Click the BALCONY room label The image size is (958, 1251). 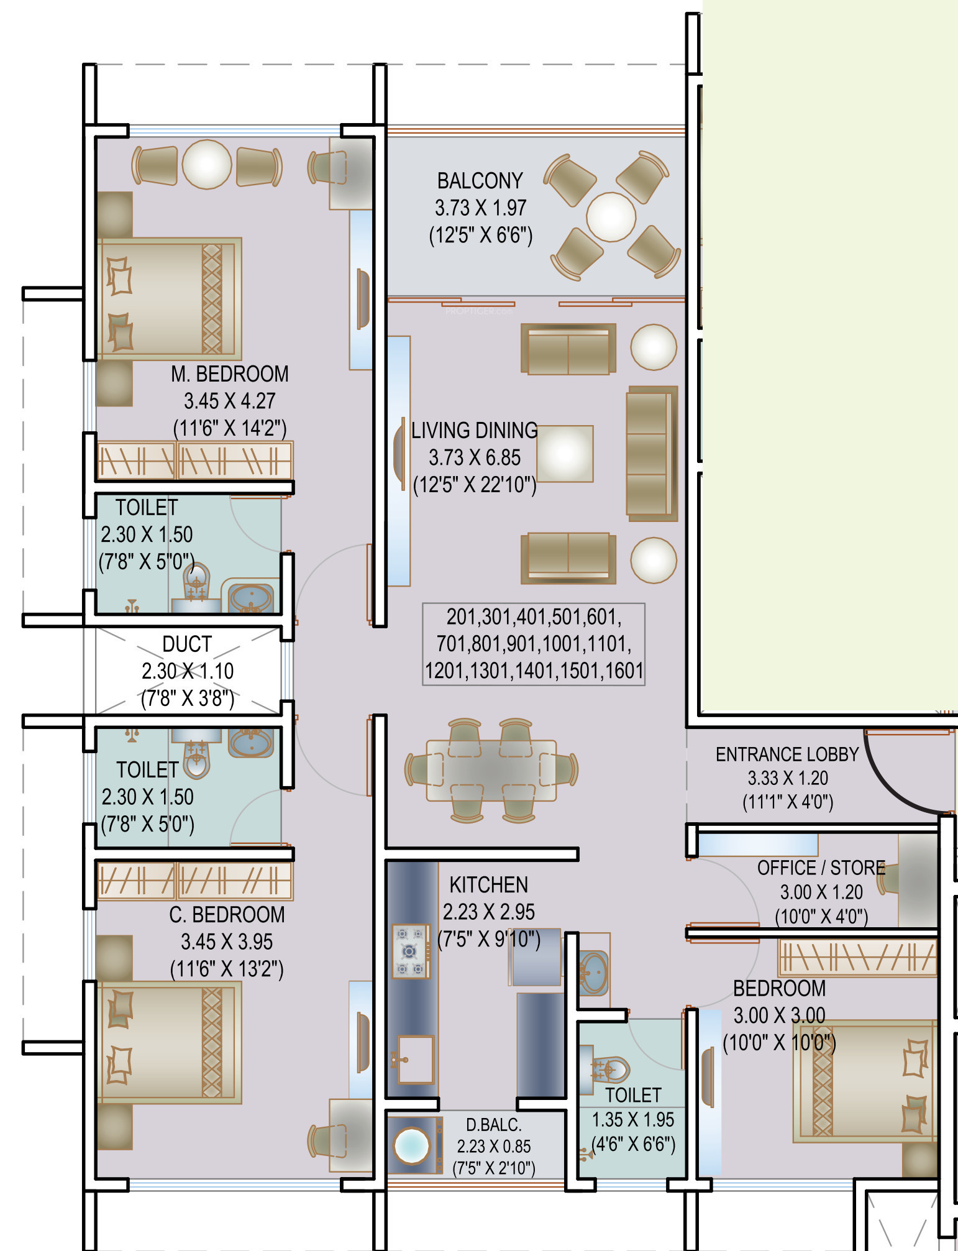coord(480,181)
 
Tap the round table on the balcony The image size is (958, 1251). coord(611,217)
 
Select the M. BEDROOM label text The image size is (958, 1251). coord(229,374)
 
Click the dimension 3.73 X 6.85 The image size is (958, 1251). coord(475,458)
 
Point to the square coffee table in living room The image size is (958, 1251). coord(565,454)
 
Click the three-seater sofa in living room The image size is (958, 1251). coord(651,454)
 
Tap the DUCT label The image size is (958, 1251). coord(187,644)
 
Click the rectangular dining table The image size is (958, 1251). coord(491,771)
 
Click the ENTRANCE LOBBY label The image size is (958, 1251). coord(787,754)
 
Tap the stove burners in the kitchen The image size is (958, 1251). coord(410,951)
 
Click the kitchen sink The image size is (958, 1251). coord(415,1058)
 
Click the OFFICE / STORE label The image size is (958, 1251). coord(821,868)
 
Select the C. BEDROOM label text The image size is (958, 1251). coord(227,915)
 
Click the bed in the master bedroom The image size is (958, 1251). coord(168,299)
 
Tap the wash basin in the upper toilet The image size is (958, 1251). coord(251,598)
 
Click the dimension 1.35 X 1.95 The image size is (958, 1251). coord(632,1120)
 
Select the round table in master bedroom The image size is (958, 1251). coord(207,164)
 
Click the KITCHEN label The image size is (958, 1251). coord(488,885)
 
